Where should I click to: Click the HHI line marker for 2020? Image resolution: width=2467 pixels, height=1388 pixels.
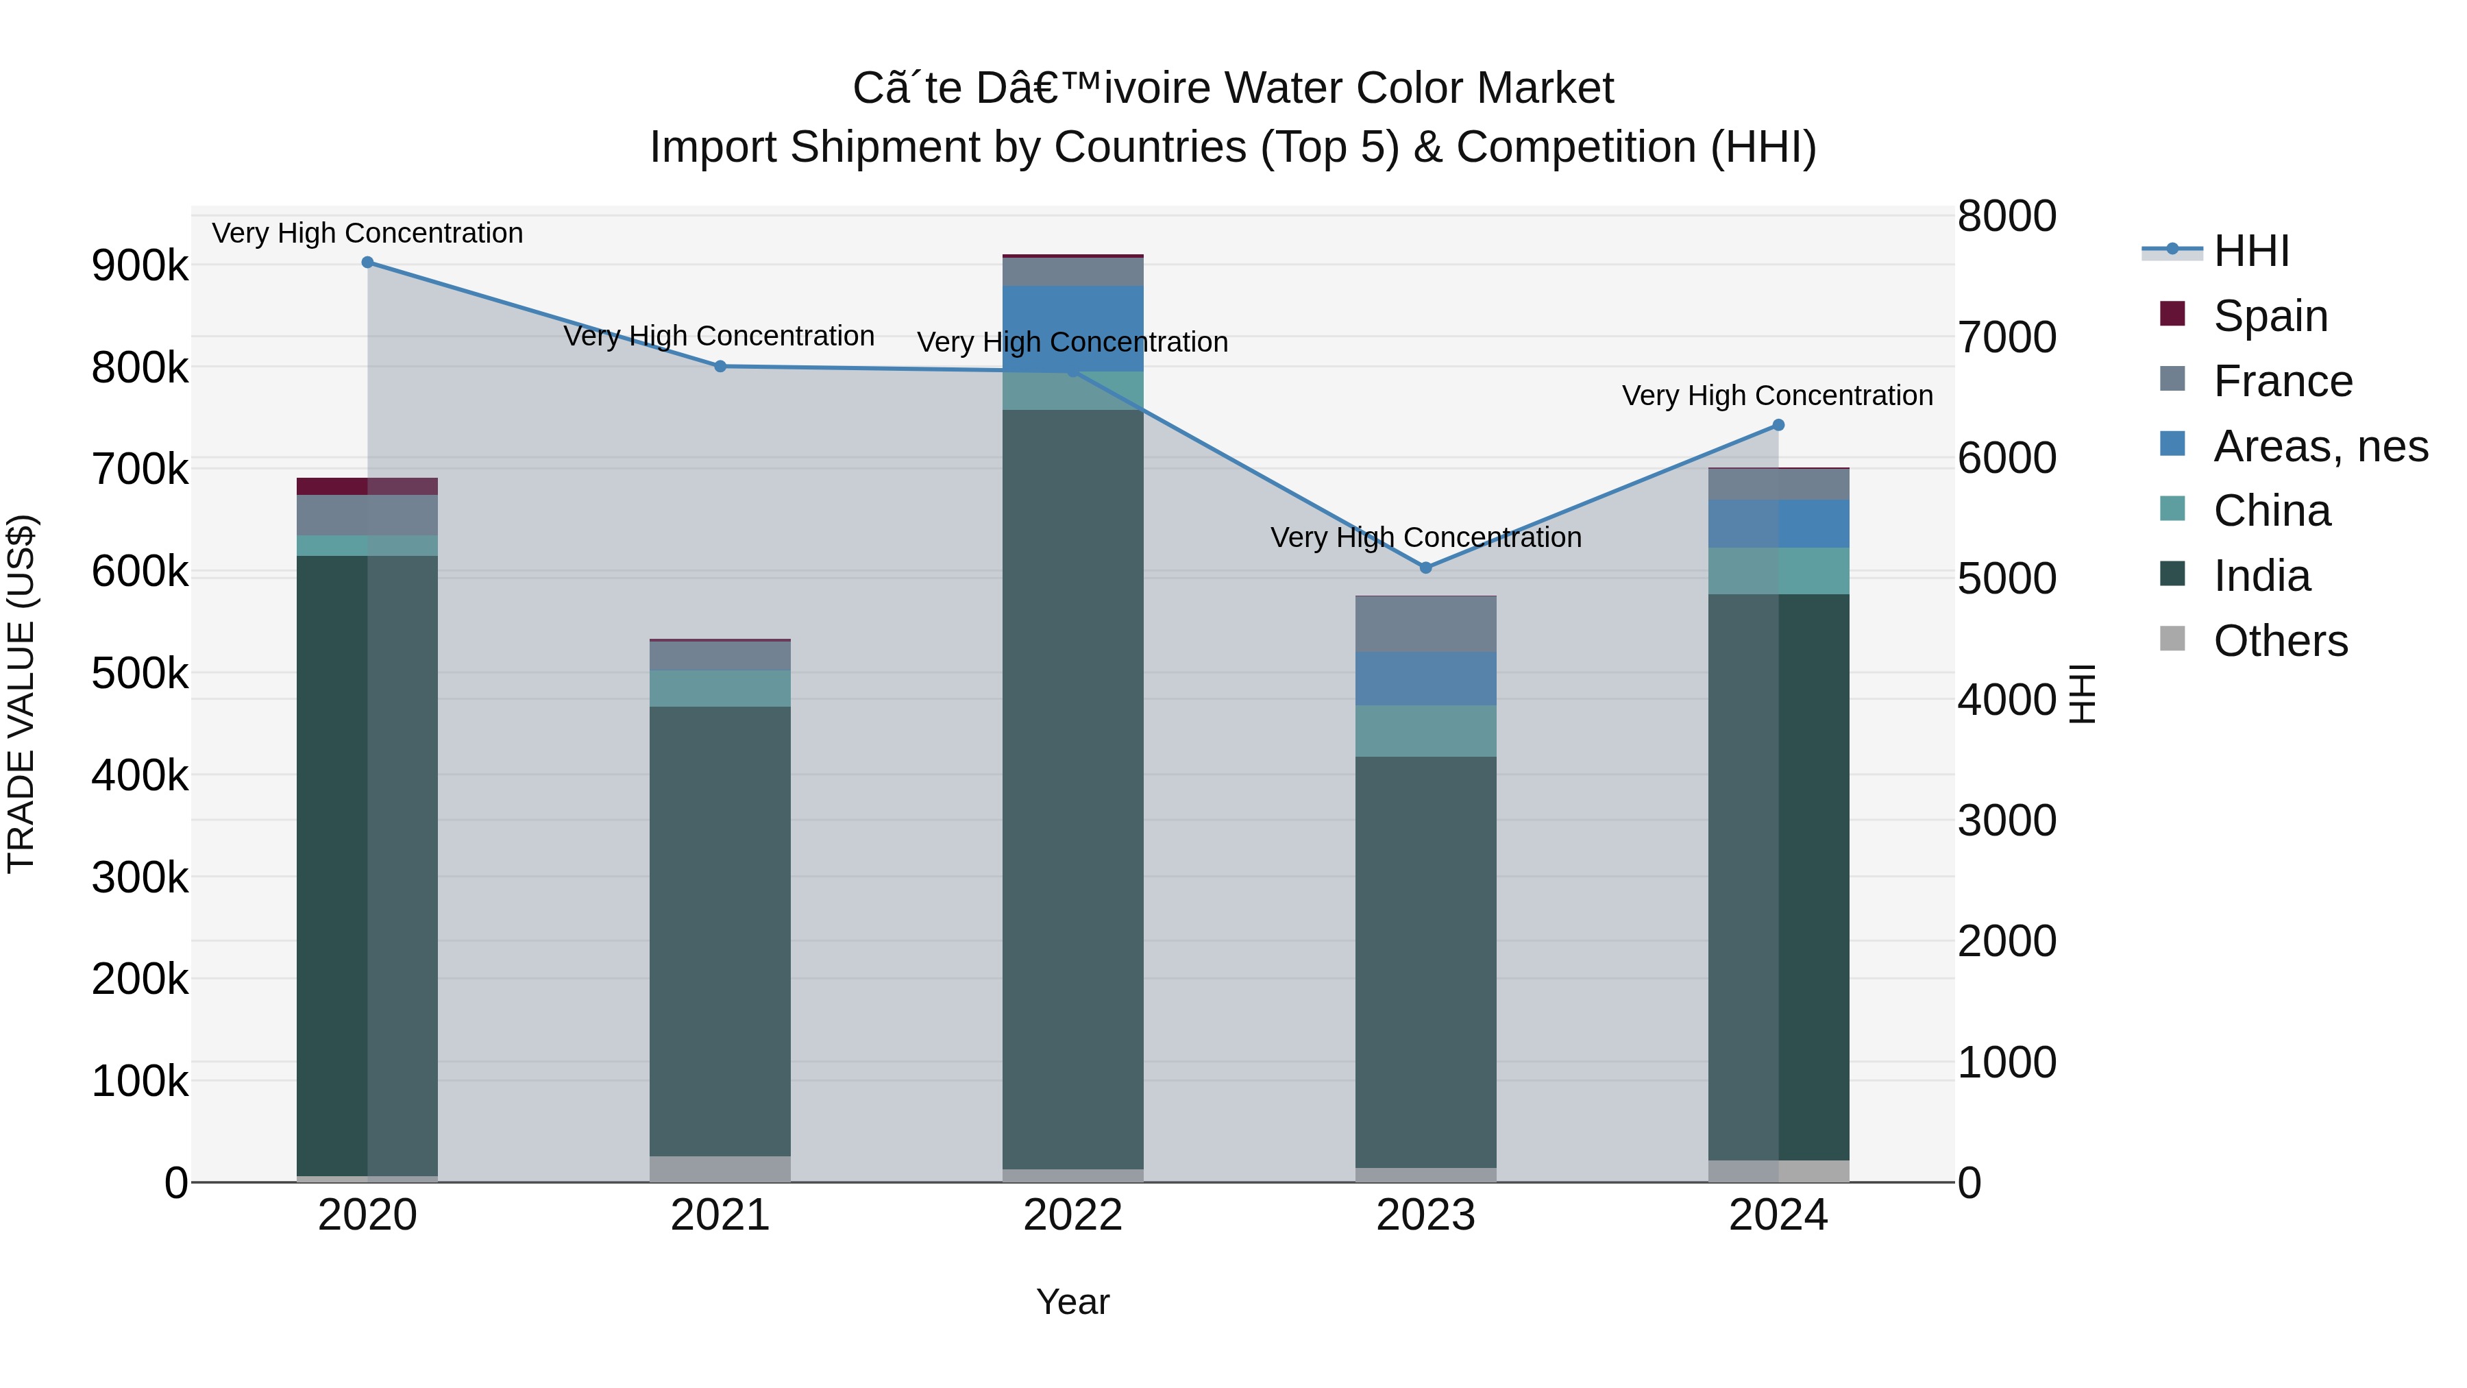tap(368, 263)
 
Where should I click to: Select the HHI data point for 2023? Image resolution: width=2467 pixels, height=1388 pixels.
tap(1425, 568)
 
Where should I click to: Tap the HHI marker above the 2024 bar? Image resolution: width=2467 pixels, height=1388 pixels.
tap(1778, 425)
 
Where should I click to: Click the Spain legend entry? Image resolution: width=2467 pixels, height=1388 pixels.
tap(2270, 316)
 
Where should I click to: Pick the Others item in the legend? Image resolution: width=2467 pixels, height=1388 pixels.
tap(2279, 641)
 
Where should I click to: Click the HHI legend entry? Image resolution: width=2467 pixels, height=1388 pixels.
tap(2250, 251)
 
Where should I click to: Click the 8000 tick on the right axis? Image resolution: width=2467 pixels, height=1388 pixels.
tap(2006, 217)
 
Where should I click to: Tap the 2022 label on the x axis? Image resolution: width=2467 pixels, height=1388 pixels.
tap(1072, 1215)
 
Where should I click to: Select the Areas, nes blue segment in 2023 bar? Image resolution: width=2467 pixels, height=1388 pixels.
tap(1425, 678)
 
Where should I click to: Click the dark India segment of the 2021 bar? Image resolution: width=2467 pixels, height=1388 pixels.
tap(720, 929)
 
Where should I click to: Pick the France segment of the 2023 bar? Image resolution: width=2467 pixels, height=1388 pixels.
tap(1425, 624)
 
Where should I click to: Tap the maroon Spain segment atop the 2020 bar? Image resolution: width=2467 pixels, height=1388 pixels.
tap(368, 487)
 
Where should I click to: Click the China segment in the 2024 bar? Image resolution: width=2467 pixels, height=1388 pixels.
tap(1778, 571)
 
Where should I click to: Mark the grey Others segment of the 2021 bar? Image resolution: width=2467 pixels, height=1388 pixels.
tap(720, 1169)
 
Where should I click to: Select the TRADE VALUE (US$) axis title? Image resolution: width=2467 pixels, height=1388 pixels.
tap(21, 694)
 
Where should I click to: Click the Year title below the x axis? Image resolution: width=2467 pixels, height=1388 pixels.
tap(1072, 1302)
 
